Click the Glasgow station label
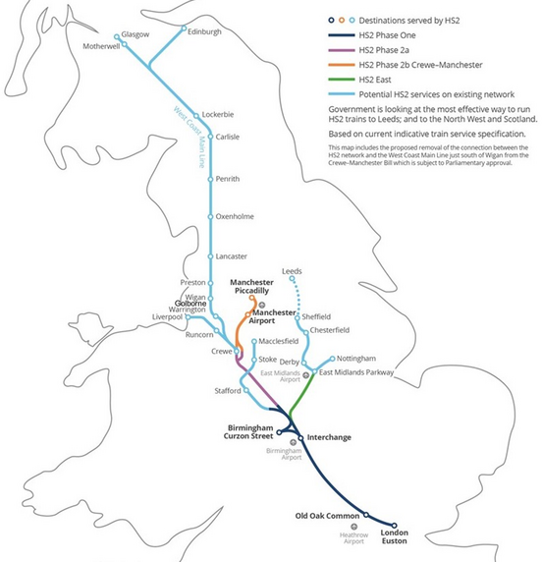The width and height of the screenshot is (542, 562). tap(135, 35)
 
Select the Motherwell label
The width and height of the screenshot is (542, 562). tap(100, 46)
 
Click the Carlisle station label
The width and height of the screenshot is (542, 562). tap(228, 137)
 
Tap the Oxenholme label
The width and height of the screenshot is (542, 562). tap(236, 216)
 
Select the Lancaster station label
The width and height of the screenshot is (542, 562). tap(232, 256)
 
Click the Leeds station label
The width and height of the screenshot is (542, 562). tap(292, 270)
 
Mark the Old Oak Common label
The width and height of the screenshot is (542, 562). tap(328, 514)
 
